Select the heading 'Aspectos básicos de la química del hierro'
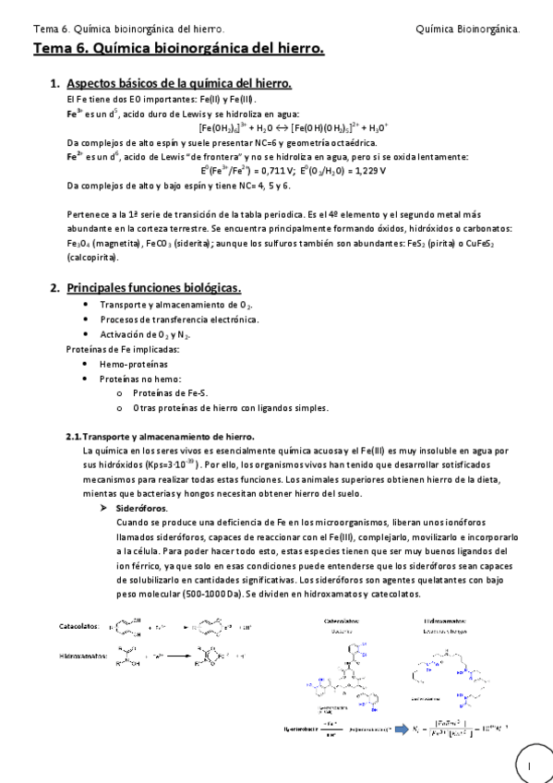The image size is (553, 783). (179, 84)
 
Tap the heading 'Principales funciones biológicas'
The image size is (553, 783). (153, 288)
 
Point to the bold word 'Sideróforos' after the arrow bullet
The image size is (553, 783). (141, 508)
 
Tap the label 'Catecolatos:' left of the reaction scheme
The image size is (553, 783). (78, 626)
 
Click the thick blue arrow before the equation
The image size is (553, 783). (403, 729)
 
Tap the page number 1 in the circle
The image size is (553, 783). (530, 765)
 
